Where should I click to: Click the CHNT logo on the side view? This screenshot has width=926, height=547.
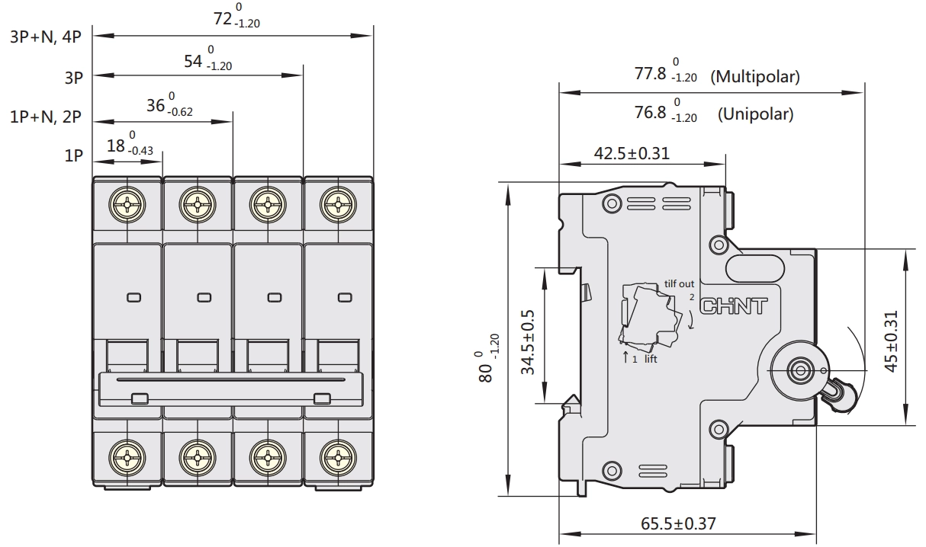[x=733, y=306]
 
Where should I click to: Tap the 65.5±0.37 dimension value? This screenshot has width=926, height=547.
[x=678, y=524]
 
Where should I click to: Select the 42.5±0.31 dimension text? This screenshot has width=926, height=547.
[x=632, y=154]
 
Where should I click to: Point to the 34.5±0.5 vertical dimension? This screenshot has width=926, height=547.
[x=528, y=342]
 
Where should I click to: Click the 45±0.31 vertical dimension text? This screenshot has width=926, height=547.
[x=892, y=341]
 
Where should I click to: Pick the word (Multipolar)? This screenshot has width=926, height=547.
[x=755, y=77]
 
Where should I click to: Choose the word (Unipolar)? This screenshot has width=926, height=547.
[x=755, y=114]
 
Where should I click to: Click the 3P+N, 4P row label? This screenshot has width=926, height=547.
[x=46, y=37]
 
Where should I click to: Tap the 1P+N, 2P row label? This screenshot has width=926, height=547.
[x=46, y=117]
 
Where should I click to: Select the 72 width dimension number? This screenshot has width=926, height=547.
[x=223, y=19]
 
